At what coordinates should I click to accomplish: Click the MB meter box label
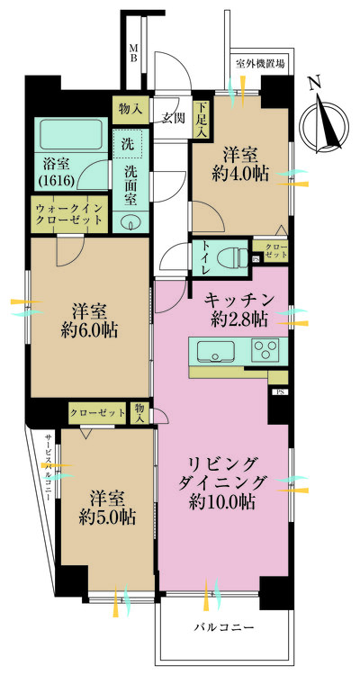pyautogui.click(x=133, y=53)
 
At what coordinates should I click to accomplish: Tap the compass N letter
pyautogui.click(x=315, y=81)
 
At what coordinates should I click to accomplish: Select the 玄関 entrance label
pyautogui.click(x=174, y=118)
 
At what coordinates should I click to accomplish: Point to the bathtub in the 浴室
pyautogui.click(x=71, y=133)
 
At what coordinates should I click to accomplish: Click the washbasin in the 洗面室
pyautogui.click(x=129, y=222)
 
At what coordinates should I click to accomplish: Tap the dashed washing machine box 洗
pyautogui.click(x=127, y=144)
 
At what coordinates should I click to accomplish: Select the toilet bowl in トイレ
pyautogui.click(x=233, y=258)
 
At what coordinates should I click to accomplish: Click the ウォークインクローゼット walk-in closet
pyautogui.click(x=69, y=214)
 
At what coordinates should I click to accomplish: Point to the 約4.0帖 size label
pyautogui.click(x=240, y=174)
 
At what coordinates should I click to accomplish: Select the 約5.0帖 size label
pyautogui.click(x=107, y=517)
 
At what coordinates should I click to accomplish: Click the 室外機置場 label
pyautogui.click(x=260, y=64)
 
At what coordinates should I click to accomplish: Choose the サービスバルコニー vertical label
pyautogui.click(x=49, y=467)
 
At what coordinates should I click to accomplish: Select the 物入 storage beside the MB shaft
pyautogui.click(x=130, y=109)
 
